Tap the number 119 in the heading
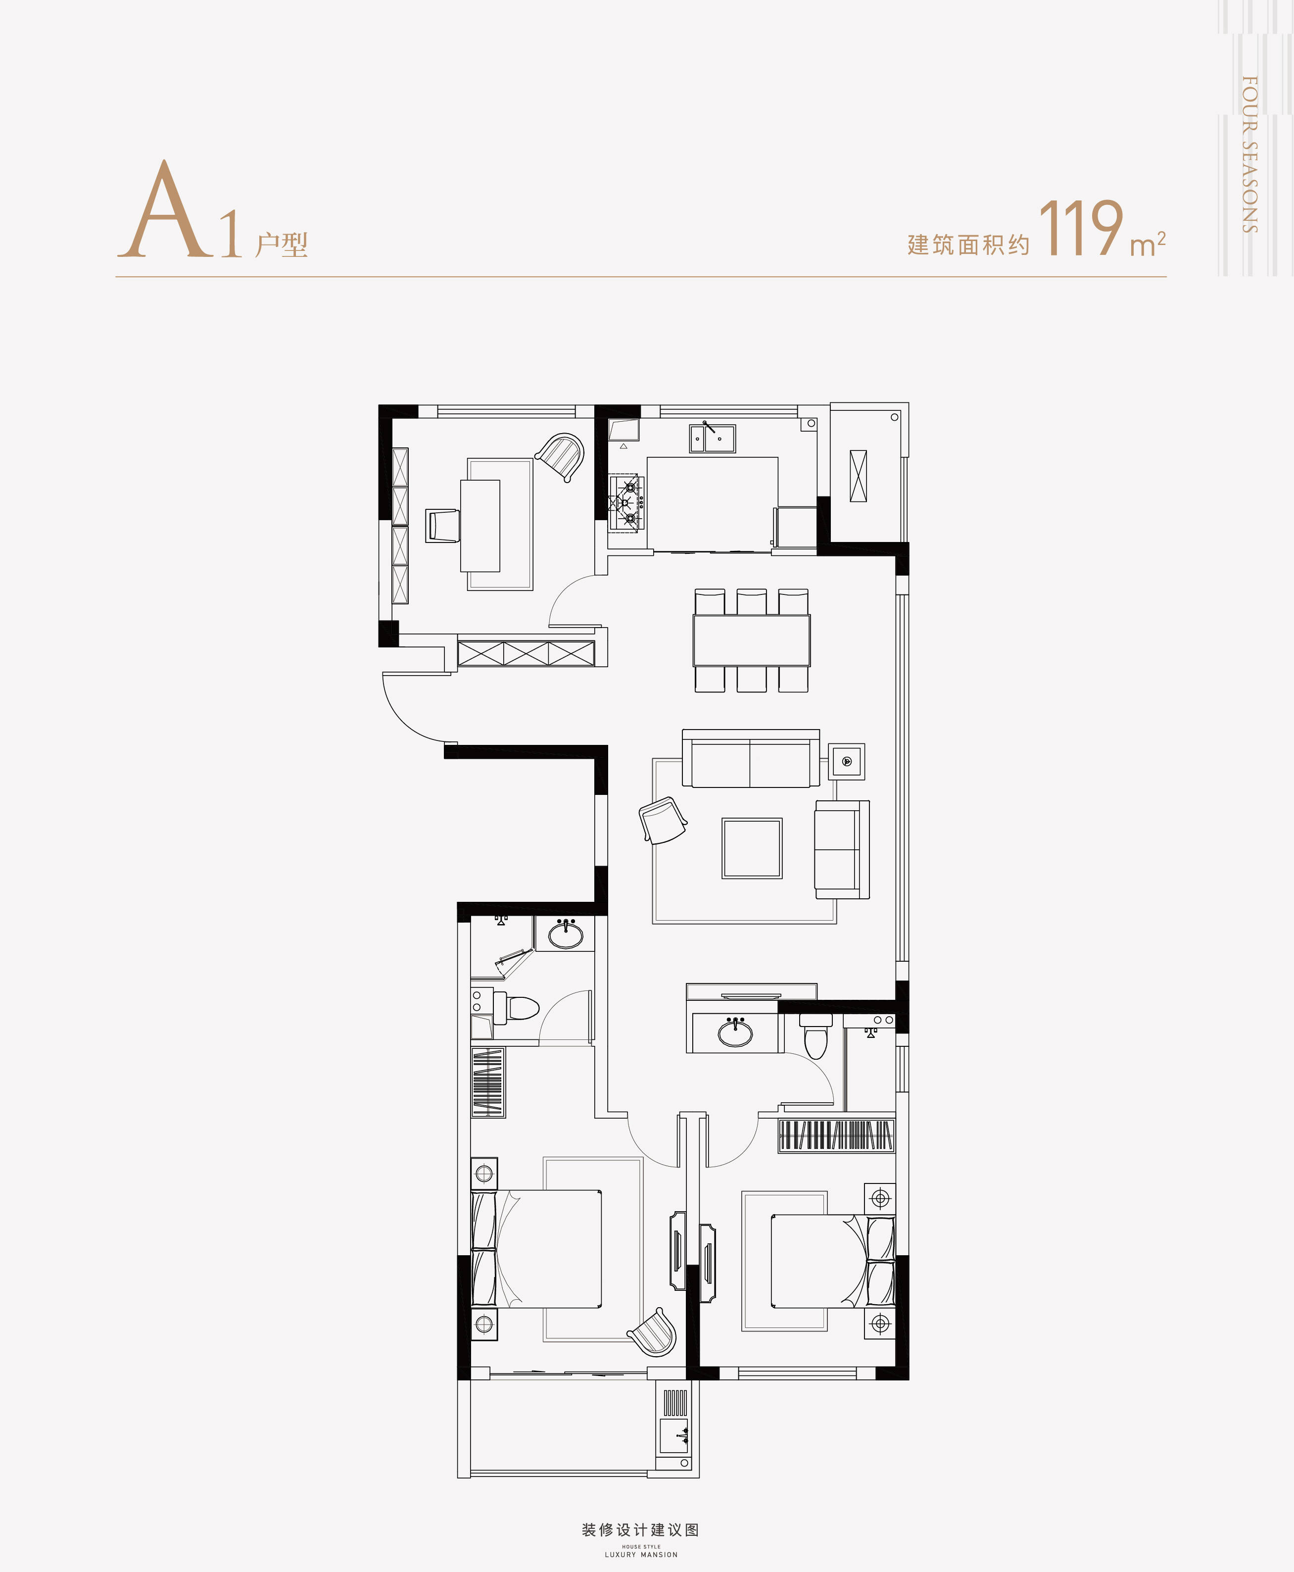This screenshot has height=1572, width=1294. point(1080,227)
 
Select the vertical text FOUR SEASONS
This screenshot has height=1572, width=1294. point(1250,154)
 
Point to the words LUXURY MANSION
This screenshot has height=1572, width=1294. point(641,1555)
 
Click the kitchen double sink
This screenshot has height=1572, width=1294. point(712,438)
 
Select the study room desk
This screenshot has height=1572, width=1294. point(480,526)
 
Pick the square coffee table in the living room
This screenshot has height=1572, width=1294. point(751,848)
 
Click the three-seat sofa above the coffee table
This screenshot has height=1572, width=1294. point(751,759)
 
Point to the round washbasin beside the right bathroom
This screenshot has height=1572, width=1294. point(735,1032)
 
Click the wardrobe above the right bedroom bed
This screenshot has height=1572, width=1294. point(836,1135)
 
